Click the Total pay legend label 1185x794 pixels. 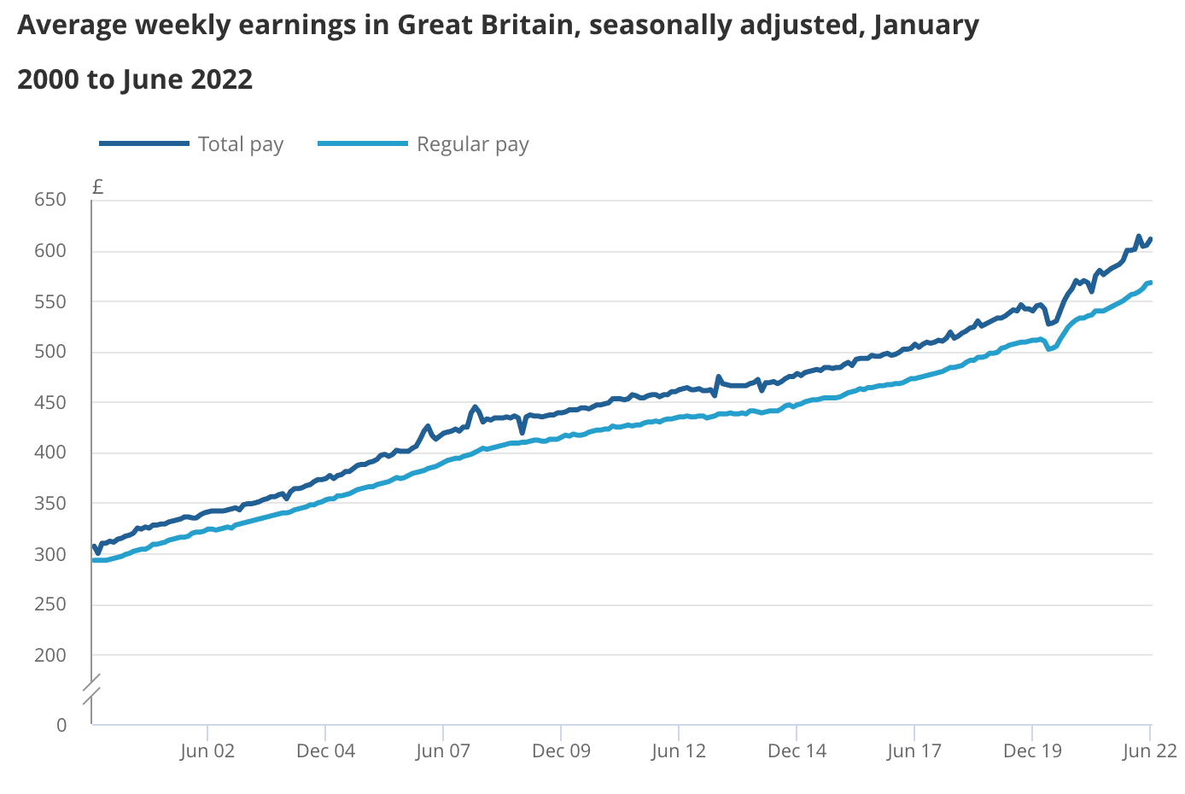pos(240,144)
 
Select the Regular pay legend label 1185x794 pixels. pos(472,144)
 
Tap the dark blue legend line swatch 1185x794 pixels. pos(143,144)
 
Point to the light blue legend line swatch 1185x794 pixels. pos(362,144)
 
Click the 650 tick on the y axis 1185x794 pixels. pos(50,201)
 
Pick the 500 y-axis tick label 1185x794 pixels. pos(50,352)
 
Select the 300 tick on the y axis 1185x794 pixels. pos(50,554)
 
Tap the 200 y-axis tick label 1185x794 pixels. pos(50,655)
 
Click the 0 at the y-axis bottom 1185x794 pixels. pos(61,725)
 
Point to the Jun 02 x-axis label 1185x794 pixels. pos(207,751)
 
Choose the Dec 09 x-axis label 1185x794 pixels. pos(561,751)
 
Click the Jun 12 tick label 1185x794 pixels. pos(679,751)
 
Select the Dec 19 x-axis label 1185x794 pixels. pos(1032,751)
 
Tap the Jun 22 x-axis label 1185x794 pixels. pos(1149,751)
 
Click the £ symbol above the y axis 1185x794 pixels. pos(98,187)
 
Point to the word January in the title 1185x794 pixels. pos(925,26)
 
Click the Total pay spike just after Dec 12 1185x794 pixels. pos(719,377)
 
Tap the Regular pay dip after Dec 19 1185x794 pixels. pos(1049,348)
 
